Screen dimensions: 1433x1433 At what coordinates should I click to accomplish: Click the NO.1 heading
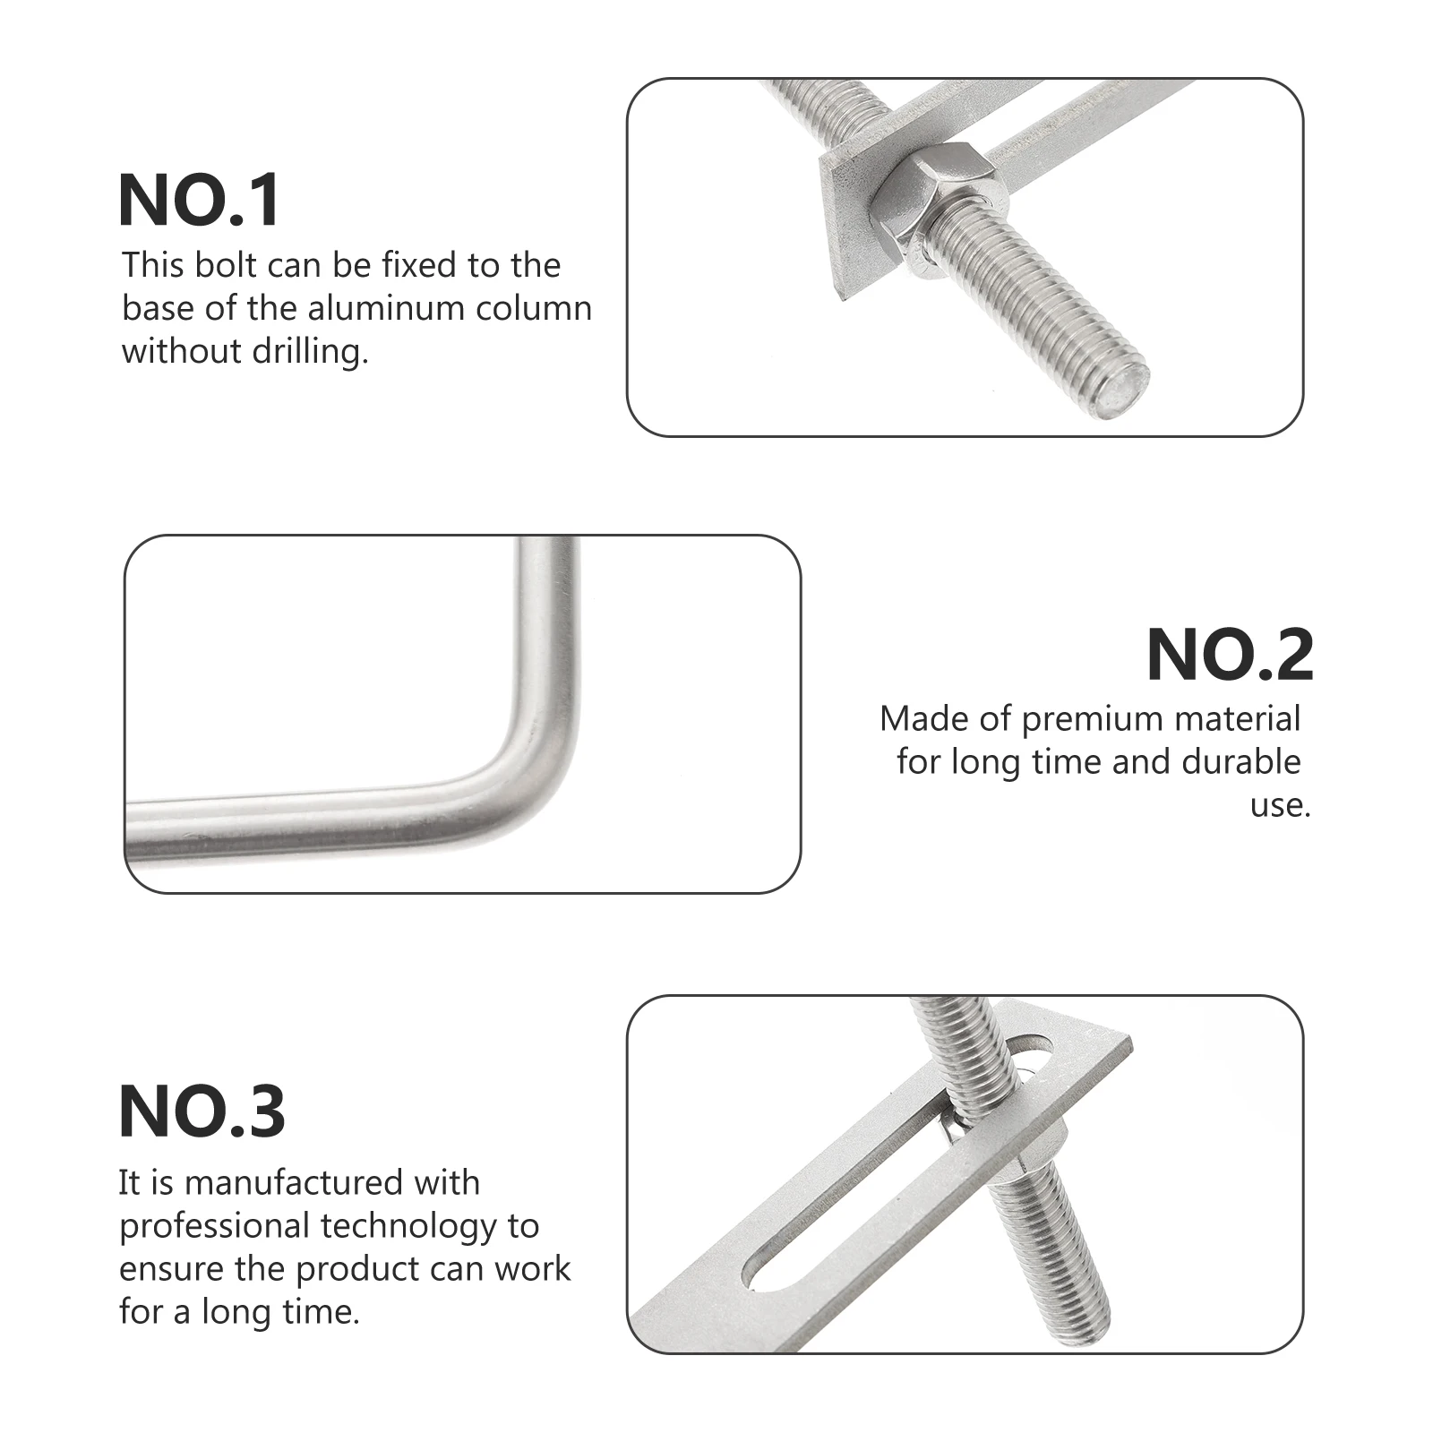(x=200, y=201)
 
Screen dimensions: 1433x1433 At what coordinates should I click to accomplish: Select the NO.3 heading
(x=202, y=1111)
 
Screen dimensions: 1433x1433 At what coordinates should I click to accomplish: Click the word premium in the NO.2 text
(x=1085, y=720)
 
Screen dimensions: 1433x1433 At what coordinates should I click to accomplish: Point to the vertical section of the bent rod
(x=547, y=627)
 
